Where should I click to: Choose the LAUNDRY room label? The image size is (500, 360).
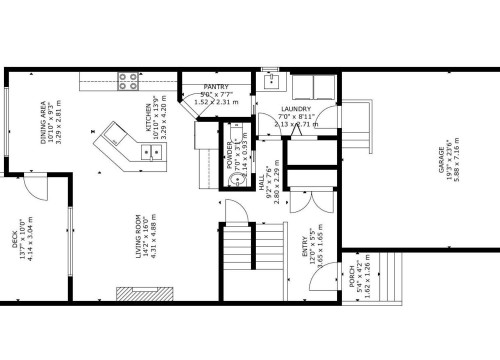pos(295,109)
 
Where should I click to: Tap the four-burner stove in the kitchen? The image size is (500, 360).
pos(128,80)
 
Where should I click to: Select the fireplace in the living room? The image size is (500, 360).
pos(142,294)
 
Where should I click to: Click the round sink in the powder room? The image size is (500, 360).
pos(235,179)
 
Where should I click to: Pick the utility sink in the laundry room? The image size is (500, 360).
pos(270,81)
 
